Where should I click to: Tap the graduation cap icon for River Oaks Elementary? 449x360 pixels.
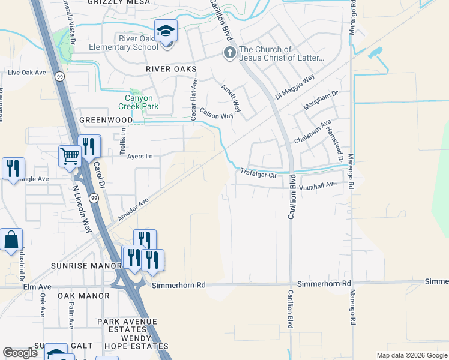point(166,30)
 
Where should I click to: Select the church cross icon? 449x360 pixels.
point(229,53)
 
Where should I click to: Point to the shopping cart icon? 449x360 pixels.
point(70,157)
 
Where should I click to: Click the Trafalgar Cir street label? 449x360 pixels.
point(258,175)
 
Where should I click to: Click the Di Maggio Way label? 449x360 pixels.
point(295,88)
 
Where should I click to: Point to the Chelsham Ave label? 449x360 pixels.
point(312,132)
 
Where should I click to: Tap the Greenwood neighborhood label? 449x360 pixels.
point(106,120)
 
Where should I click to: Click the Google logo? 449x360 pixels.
point(20,353)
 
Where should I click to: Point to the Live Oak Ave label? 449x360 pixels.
point(27,73)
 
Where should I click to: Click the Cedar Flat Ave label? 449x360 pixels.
point(194,100)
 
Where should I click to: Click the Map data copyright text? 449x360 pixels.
point(411,355)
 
